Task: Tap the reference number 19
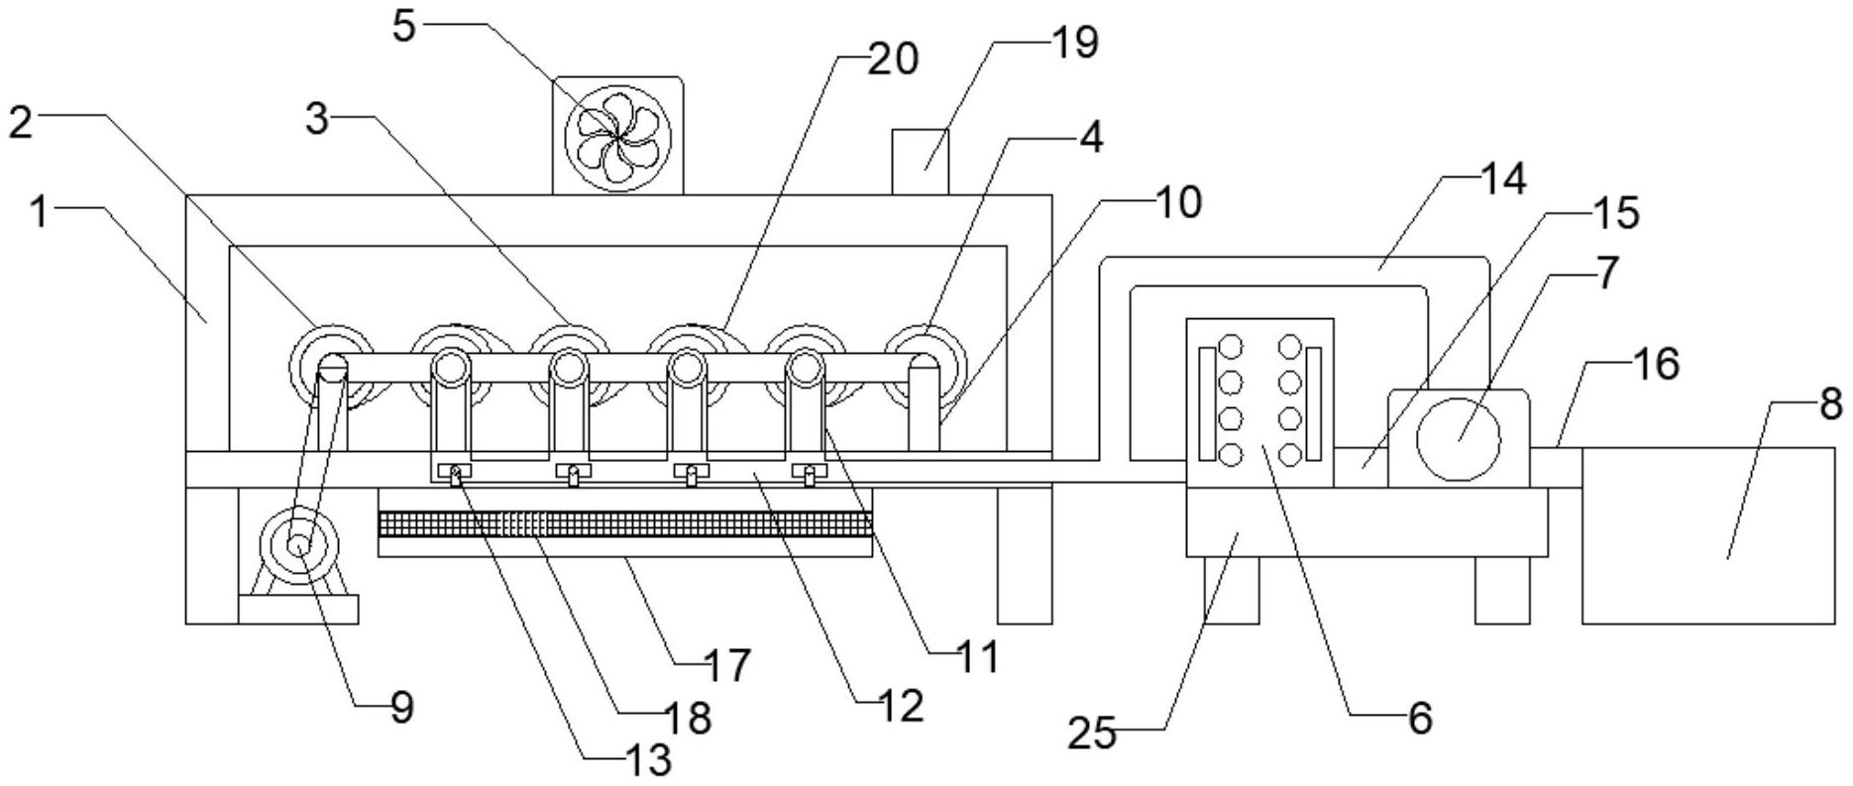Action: coord(1074,43)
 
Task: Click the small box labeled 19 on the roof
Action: coord(920,162)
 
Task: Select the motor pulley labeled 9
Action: coord(298,546)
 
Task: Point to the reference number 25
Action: coord(1091,735)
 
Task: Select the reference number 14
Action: coord(1502,180)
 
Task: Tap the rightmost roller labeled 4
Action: coord(924,365)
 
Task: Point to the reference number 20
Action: coord(893,60)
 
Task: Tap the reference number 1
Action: coord(39,212)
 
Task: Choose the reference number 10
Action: coord(1177,201)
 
